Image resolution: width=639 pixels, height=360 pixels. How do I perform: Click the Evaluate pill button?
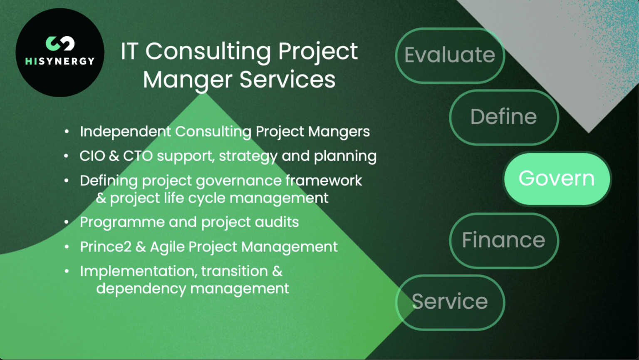tap(450, 55)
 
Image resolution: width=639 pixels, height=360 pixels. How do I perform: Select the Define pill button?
tap(503, 117)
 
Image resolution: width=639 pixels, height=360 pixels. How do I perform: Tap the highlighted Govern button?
tap(557, 179)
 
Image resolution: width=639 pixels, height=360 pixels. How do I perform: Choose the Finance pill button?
tap(503, 240)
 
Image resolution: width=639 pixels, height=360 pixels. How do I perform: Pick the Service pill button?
tap(450, 302)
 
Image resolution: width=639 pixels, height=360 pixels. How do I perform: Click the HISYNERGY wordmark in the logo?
tap(60, 61)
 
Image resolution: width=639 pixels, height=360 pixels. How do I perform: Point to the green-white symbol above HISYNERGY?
tap(60, 43)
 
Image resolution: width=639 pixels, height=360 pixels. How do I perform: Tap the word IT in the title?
tap(129, 52)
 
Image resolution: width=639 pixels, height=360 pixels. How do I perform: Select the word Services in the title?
tap(287, 80)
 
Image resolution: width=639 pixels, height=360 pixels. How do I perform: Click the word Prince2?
tap(105, 247)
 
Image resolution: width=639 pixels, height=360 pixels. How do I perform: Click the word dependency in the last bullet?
tap(141, 289)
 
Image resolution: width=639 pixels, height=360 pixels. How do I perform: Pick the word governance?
tap(239, 181)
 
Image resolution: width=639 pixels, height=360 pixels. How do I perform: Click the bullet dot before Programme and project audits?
tap(67, 222)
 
